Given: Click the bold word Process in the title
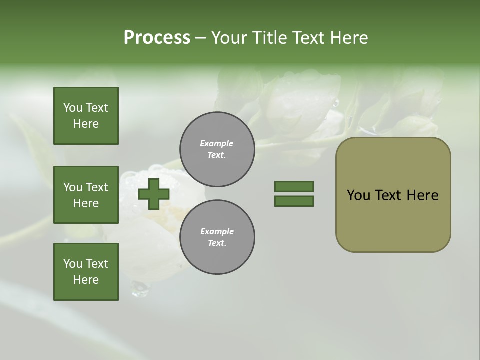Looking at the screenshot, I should coord(157,38).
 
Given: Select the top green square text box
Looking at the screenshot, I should coord(86,116).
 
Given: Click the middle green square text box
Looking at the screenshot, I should coord(86,195).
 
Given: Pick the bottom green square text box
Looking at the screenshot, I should coord(86,272).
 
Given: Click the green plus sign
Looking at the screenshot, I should coord(153,194).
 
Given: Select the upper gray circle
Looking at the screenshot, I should coord(217,149).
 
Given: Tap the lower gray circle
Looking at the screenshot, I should coord(217,237).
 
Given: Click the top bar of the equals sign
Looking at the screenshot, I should coord(294,186).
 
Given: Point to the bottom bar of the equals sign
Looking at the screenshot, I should coord(294,201).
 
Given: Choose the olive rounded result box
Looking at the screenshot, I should coord(393,195).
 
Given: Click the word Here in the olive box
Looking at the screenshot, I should coord(422,195).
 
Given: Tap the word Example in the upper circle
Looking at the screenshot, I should coord(217,143).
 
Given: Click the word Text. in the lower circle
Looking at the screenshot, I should coord(217,243).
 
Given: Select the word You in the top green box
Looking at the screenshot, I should coord(72,108).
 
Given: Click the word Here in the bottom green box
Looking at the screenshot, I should coord(86,280).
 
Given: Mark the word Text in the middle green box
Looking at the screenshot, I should coord(96,187).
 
